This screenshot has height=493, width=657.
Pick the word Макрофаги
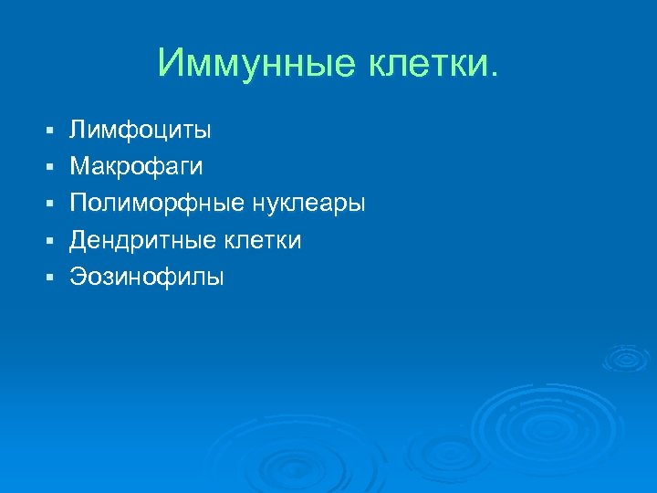[x=137, y=167]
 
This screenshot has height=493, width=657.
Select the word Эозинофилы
[x=147, y=277]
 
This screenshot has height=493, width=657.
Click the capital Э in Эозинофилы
[x=78, y=277]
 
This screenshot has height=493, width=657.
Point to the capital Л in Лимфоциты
[x=79, y=131]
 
